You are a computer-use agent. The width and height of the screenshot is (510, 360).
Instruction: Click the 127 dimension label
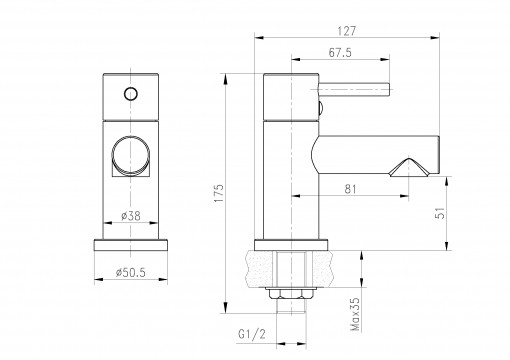[347, 31]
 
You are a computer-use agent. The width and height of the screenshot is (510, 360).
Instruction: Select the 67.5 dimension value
[340, 53]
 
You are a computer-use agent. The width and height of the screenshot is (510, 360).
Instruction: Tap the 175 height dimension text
[218, 193]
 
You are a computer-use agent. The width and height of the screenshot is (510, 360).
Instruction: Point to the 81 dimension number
[350, 189]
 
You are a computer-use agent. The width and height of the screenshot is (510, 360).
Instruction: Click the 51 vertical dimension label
[441, 213]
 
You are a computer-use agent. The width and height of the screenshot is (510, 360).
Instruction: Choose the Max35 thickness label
[355, 314]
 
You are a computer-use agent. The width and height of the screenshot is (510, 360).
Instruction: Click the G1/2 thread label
[252, 334]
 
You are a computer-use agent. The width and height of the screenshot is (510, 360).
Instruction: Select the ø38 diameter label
[131, 216]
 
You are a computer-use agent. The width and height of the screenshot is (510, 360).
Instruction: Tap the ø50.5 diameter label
[131, 273]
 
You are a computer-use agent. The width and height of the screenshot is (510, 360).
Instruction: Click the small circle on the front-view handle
[131, 94]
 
